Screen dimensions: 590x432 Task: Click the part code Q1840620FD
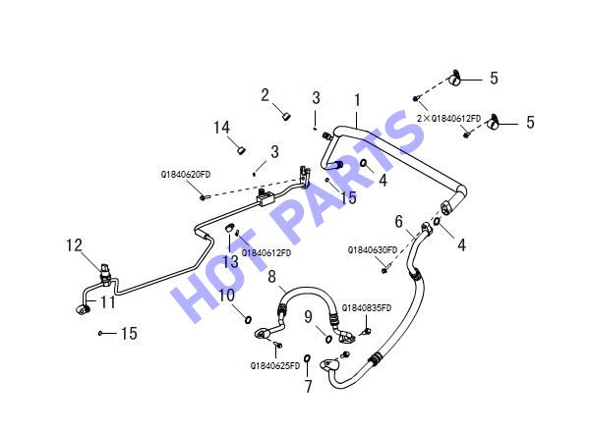[x=186, y=175]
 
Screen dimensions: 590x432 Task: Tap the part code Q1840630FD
[x=372, y=250]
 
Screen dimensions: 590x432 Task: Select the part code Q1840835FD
[x=367, y=308]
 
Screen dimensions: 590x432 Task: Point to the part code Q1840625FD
[x=275, y=365]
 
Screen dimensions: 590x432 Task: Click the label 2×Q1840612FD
[x=449, y=119]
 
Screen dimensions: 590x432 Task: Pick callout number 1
[x=357, y=100]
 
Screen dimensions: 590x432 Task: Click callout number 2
[x=265, y=95]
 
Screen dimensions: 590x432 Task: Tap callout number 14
[x=221, y=128]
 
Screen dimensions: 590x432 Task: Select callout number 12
[x=74, y=245]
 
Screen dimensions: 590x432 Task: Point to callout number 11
[x=107, y=302]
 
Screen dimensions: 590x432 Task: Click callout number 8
[x=271, y=277]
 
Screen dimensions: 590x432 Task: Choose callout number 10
[x=226, y=296]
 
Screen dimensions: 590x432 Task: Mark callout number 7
[x=309, y=386]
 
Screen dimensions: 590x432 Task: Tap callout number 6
[x=399, y=222]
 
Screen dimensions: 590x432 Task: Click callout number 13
[x=230, y=261]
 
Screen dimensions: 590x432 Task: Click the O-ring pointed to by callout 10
[x=249, y=320]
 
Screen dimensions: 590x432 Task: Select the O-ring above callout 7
[x=307, y=357]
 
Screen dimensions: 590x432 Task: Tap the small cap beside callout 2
[x=287, y=116]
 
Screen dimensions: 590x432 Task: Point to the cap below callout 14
[x=241, y=150]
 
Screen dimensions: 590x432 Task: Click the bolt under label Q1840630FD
[x=384, y=270]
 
